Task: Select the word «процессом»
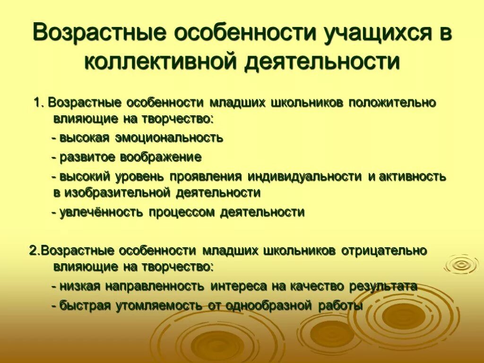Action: [x=182, y=212]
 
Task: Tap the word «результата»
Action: [x=383, y=286]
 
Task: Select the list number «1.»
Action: [x=39, y=103]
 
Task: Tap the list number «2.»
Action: [x=35, y=251]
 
